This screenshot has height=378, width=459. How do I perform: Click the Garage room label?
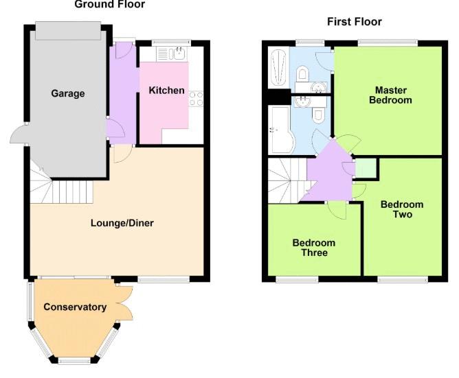68,93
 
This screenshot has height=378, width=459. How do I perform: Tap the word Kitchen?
166,91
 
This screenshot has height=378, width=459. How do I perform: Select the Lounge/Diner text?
122,223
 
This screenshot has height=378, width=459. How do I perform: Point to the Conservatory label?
75,307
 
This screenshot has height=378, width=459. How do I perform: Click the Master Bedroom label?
390,95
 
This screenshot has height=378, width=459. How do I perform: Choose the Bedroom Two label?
402,209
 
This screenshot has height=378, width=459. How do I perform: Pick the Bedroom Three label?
314,248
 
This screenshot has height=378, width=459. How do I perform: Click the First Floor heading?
354,22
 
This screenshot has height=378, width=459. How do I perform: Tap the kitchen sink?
172,54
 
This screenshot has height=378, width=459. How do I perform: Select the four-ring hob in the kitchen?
196,99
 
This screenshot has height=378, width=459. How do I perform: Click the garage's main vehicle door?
68,31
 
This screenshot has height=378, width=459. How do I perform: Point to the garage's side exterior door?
19,134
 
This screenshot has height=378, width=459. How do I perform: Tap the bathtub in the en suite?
278,67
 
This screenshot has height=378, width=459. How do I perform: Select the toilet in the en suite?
302,73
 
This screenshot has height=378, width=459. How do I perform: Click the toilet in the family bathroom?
318,115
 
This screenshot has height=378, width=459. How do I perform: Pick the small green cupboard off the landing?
366,168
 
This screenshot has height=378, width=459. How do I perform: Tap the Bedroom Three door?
337,210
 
